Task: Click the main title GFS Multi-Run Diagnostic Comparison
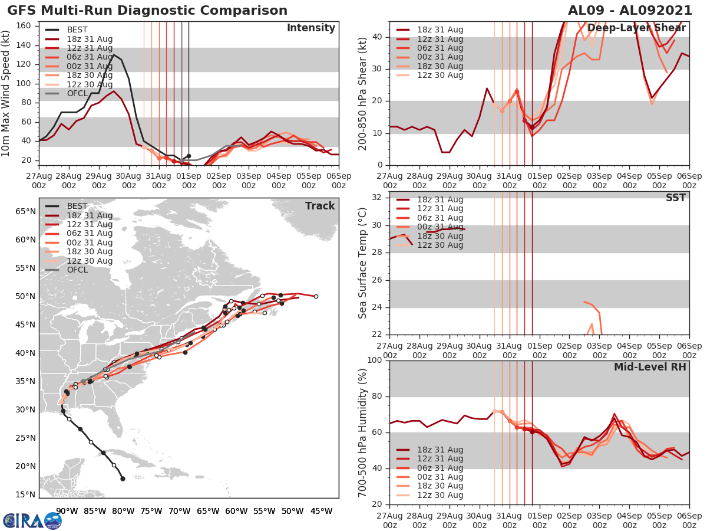pyautogui.click(x=147, y=11)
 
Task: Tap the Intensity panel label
pyautogui.click(x=310, y=28)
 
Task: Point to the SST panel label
pyautogui.click(x=675, y=198)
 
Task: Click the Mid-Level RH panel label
pyautogui.click(x=650, y=367)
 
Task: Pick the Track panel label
pyautogui.click(x=320, y=206)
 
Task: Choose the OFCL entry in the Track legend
pyautogui.click(x=77, y=270)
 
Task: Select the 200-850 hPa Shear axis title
pyautogui.click(x=363, y=93)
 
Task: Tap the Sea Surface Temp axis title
pyautogui.click(x=362, y=262)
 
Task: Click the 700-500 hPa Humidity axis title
pyautogui.click(x=362, y=432)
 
